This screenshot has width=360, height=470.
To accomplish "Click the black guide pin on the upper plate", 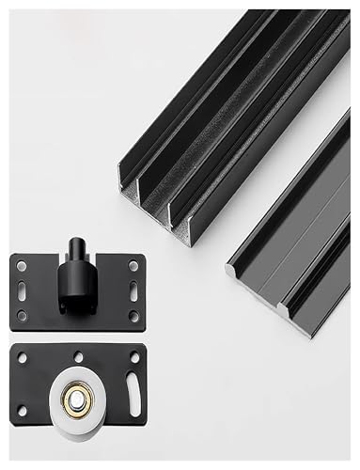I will pyautogui.click(x=77, y=249).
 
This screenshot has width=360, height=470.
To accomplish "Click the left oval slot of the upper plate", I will pyautogui.click(x=23, y=291).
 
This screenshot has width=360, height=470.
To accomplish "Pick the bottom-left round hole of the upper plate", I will pyautogui.click(x=23, y=316).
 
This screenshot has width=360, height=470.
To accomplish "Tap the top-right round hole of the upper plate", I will pyautogui.click(x=133, y=266).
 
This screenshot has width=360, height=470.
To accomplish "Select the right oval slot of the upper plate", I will pyautogui.click(x=133, y=290).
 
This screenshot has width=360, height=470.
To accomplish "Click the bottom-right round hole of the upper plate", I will pyautogui.click(x=133, y=315).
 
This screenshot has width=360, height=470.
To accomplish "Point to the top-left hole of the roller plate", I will pyautogui.click(x=23, y=357).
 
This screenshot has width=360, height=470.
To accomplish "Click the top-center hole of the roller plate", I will pyautogui.click(x=78, y=356).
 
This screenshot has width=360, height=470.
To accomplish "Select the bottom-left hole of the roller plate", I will pyautogui.click(x=23, y=411).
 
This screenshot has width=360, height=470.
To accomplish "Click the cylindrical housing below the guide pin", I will pyautogui.click(x=75, y=277).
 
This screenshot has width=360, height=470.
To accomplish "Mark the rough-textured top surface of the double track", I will pyautogui.click(x=235, y=103).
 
